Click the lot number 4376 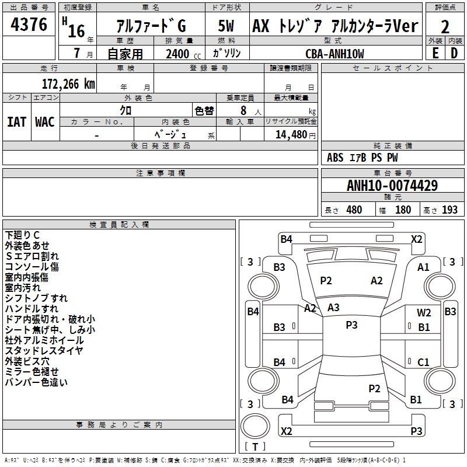coord(29,25)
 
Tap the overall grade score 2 coord(445,26)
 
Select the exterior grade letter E coord(435,53)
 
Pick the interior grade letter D coord(454,53)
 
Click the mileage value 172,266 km coord(68,83)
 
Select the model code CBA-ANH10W coord(334,54)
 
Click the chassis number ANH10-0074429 coord(392,186)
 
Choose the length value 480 coord(354,210)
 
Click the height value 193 coord(449,210)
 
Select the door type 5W coord(226,26)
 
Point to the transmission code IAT coord(16,121)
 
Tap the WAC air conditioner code coord(45,121)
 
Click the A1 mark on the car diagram coord(423,267)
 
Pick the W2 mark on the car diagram coord(424,313)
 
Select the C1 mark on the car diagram coord(423,363)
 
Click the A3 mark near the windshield coord(333,307)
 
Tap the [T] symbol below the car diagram coord(255,447)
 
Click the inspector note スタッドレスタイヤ coord(44,351)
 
